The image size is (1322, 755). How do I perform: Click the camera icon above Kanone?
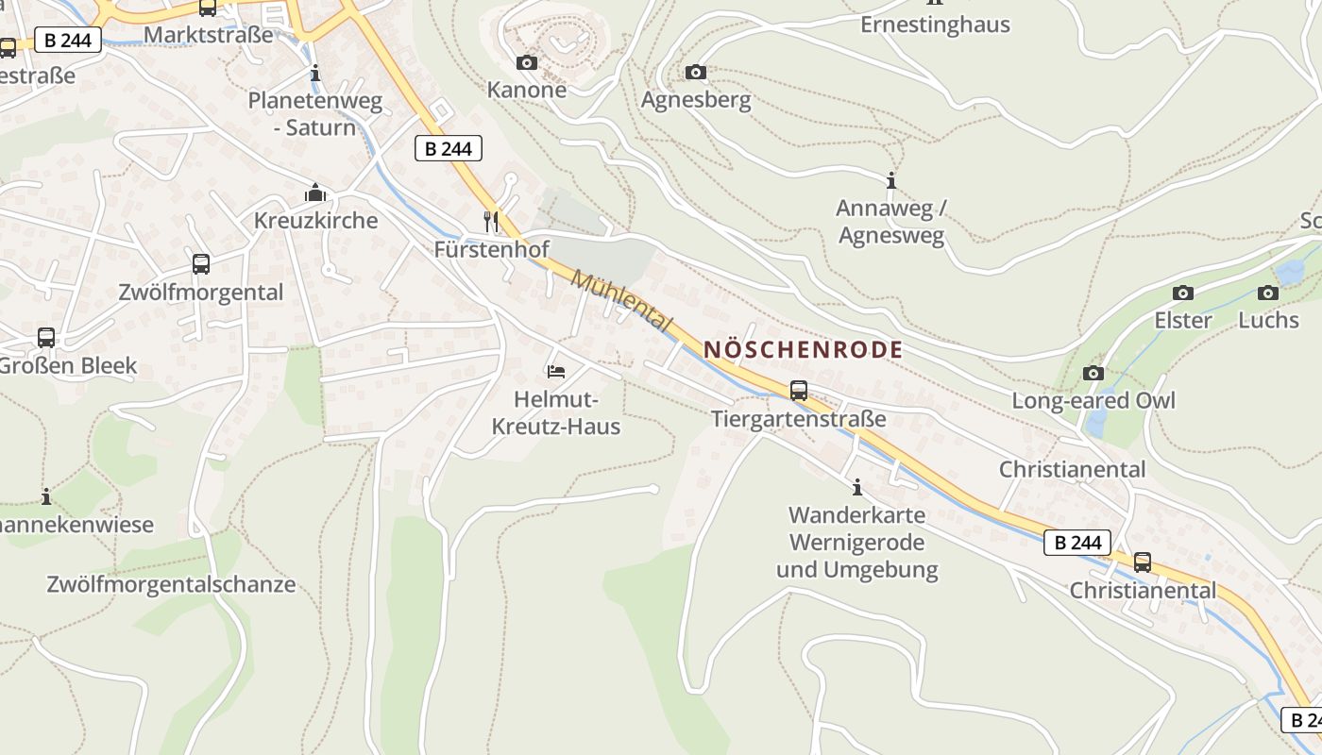(x=527, y=63)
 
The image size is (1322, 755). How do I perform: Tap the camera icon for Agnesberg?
(x=696, y=73)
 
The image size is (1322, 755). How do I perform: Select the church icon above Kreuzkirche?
(x=315, y=193)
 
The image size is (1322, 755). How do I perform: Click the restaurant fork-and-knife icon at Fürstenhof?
(x=491, y=222)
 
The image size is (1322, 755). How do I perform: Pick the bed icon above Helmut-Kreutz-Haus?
(x=556, y=372)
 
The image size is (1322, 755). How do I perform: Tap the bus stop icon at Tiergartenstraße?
(x=799, y=391)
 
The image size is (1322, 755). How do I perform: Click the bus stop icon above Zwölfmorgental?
(x=201, y=264)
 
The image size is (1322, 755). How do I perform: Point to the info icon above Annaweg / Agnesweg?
(x=890, y=180)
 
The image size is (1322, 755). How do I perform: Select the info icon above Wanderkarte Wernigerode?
(x=857, y=488)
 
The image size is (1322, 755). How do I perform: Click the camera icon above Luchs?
(x=1268, y=294)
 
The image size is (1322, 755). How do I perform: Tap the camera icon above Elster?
(x=1182, y=294)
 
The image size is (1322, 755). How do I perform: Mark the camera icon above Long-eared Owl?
(x=1093, y=374)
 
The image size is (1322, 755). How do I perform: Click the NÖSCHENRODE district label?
(x=803, y=350)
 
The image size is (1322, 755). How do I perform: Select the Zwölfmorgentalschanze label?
(x=171, y=584)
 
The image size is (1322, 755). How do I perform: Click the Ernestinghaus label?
(x=935, y=25)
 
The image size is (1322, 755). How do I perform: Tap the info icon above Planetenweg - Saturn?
(x=315, y=73)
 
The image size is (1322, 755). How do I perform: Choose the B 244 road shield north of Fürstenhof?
(x=449, y=148)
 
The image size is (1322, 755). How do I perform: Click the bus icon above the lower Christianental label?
(x=1143, y=563)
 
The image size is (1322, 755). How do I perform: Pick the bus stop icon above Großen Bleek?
(x=46, y=338)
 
